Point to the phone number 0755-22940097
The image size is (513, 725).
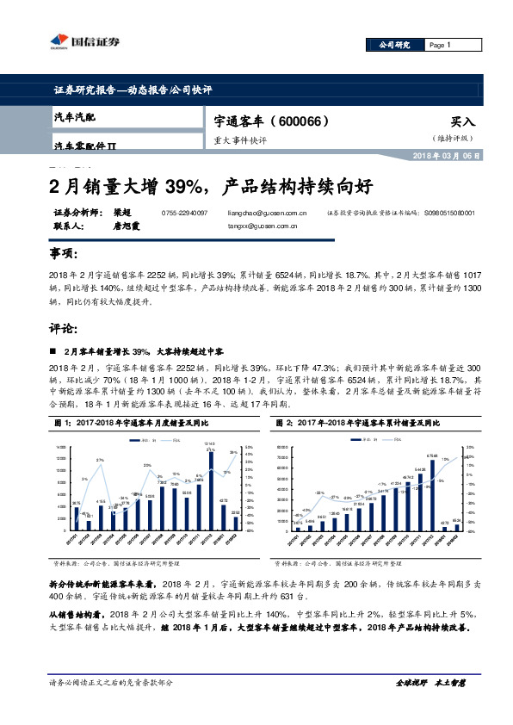[x=184, y=212]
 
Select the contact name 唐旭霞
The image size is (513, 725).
[x=127, y=226]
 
